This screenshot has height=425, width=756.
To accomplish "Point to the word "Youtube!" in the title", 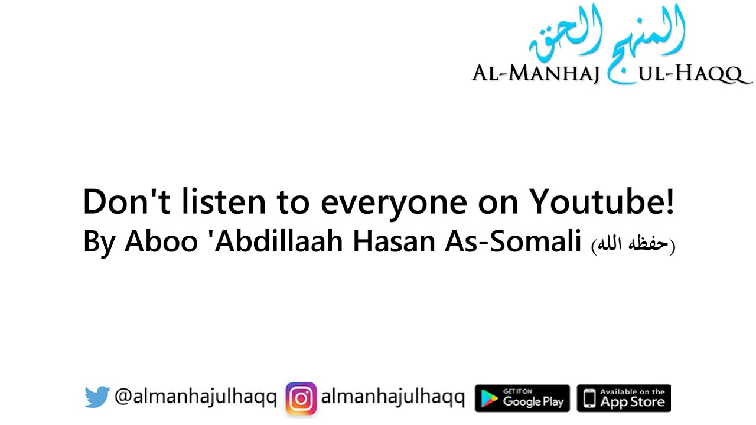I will coord(601,202).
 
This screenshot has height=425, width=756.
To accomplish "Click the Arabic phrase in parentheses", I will coord(633,244).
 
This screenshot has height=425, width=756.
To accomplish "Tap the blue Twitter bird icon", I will coord(96,397).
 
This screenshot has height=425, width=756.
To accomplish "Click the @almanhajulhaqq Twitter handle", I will coord(195,398).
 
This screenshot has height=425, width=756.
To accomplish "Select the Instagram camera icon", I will coord(301,398).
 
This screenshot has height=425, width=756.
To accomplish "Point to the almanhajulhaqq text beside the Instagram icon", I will coord(393,398).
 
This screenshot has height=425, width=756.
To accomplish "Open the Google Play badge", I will coord(522,398).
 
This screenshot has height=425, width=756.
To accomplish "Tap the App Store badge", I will coord(624,398).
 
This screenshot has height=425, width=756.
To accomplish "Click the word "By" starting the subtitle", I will coord(99,243).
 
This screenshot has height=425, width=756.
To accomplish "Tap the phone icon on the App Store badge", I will coord(589,398).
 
